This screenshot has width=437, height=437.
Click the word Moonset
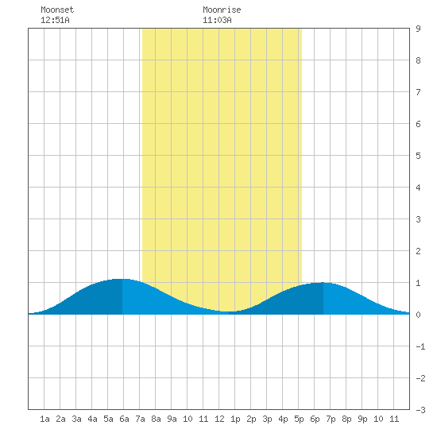pyautogui.click(x=57, y=10)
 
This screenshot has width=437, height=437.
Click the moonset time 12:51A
pyautogui.click(x=55, y=20)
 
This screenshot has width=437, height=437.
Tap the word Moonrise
pyautogui.click(x=222, y=10)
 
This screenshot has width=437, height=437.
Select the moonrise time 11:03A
pyautogui.click(x=217, y=20)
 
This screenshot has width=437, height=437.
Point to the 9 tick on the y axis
pyautogui.click(x=418, y=29)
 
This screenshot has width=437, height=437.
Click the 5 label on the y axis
pyautogui.click(x=418, y=156)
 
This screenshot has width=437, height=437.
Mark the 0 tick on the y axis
pyautogui.click(x=418, y=315)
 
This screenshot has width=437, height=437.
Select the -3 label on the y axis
pyautogui.click(x=421, y=410)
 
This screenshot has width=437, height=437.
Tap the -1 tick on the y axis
pyautogui.click(x=421, y=346)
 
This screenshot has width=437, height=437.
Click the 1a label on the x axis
pyautogui.click(x=44, y=419)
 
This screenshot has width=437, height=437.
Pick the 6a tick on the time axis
pyautogui.click(x=124, y=419)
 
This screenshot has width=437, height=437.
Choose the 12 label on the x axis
pyautogui.click(x=219, y=419)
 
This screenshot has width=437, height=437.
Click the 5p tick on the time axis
pyautogui.click(x=299, y=419)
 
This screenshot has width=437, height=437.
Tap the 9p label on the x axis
pyautogui.click(x=362, y=419)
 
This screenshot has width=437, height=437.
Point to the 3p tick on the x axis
pyautogui.click(x=267, y=419)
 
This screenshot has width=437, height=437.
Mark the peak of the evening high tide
pyautogui.click(x=323, y=283)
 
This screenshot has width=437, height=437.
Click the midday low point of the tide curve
pyautogui.click(x=229, y=311)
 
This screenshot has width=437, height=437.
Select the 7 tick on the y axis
pyautogui.click(x=418, y=92)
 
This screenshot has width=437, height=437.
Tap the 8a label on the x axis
pyautogui.click(x=156, y=419)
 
